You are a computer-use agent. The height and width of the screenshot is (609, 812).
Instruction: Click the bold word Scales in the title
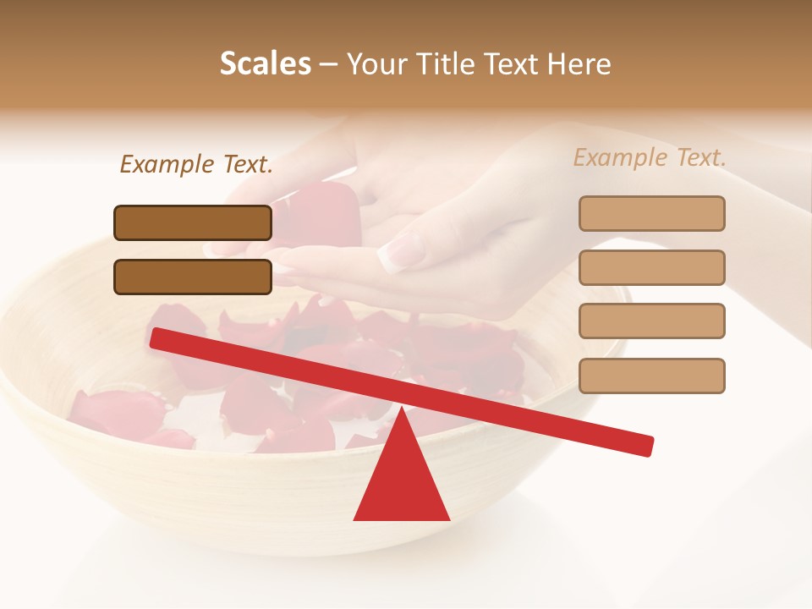(265, 64)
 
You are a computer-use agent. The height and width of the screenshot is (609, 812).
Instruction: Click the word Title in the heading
(445, 64)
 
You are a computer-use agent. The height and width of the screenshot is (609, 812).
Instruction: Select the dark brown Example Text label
(196, 165)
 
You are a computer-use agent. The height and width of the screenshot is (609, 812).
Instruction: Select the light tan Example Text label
(650, 157)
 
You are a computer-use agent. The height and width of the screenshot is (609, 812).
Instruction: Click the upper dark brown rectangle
(193, 222)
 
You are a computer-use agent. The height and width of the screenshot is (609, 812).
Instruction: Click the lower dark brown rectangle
(193, 277)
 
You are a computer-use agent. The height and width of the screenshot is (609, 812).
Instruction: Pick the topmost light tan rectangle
(651, 213)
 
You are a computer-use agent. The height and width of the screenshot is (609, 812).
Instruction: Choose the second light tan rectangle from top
(651, 267)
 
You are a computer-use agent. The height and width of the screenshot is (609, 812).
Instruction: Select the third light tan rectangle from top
(651, 321)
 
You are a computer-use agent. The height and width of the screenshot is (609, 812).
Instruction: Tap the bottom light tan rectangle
(651, 376)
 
